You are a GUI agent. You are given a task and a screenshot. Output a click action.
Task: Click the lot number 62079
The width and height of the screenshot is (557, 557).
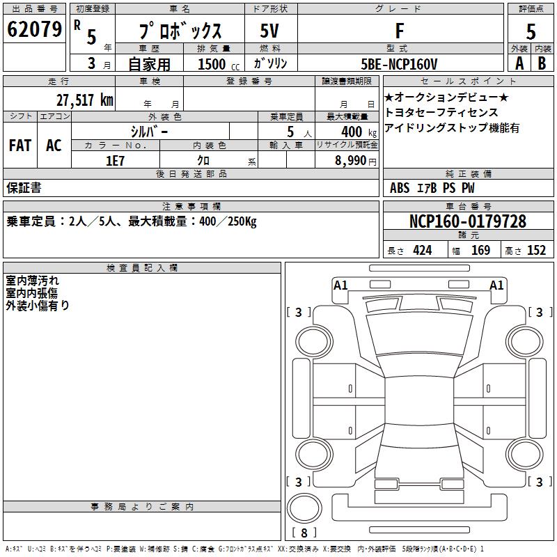[34, 29]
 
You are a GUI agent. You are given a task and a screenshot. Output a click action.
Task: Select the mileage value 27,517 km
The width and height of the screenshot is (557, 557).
[84, 100]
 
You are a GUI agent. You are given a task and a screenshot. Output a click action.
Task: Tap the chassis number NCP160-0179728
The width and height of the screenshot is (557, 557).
[467, 221]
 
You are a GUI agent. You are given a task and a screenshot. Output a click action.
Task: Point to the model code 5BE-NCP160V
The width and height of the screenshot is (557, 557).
[399, 64]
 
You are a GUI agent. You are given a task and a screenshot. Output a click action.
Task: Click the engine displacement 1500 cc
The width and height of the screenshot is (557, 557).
[219, 64]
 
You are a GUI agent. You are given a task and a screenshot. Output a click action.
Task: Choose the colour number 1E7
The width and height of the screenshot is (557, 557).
[115, 161]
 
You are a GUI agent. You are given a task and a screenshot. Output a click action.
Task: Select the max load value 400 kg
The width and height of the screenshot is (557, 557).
[359, 132]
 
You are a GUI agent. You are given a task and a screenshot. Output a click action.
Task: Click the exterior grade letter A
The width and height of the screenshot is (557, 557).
[519, 63]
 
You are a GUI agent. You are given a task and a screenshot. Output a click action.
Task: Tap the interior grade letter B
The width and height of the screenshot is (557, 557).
[542, 63]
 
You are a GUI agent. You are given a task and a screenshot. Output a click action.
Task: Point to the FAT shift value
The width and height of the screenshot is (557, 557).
[20, 146]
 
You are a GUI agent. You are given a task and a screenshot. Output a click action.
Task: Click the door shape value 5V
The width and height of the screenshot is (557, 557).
[269, 31]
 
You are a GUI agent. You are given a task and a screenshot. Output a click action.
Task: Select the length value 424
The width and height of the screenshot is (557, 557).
[423, 250]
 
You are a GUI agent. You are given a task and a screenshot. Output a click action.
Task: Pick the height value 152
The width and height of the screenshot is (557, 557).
[536, 250]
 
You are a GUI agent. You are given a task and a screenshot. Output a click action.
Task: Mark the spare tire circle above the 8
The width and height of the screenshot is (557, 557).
[304, 508]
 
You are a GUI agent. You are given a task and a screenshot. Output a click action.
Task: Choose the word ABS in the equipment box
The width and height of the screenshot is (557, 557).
[399, 188]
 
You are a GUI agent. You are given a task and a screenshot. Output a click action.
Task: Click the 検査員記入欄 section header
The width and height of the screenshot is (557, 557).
[142, 268]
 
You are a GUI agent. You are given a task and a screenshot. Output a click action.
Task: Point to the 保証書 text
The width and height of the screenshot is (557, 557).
[24, 188]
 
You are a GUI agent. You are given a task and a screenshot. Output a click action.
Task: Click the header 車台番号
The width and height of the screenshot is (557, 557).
[468, 206]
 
